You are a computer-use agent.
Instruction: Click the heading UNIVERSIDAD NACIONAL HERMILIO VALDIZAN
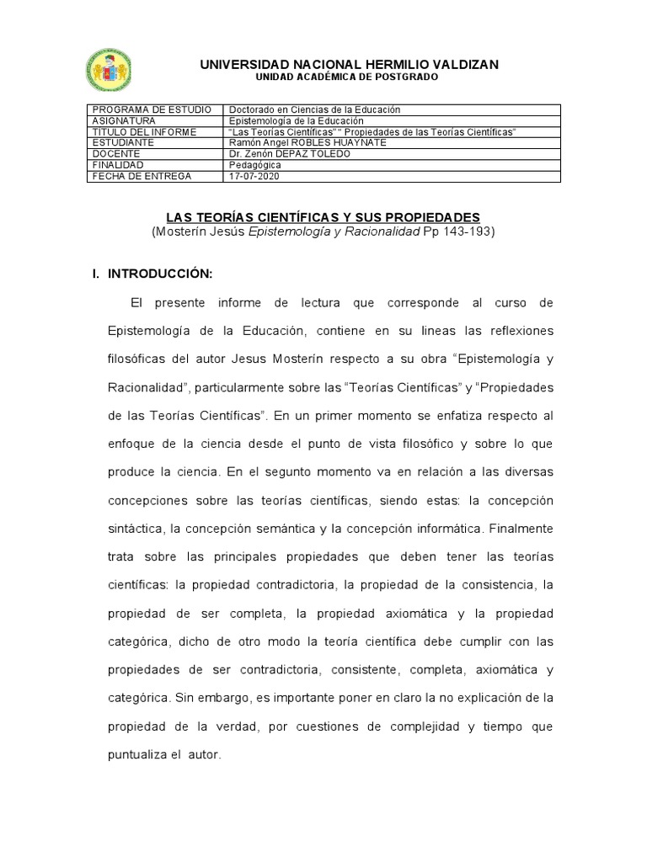pos(349,64)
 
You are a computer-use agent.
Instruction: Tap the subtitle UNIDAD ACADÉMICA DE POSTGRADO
pos(348,77)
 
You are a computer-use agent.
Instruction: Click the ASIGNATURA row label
pos(123,120)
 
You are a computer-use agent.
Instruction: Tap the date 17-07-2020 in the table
pos(254,176)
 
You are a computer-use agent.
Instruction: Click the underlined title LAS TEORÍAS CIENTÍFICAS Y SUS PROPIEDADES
pos(323,217)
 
